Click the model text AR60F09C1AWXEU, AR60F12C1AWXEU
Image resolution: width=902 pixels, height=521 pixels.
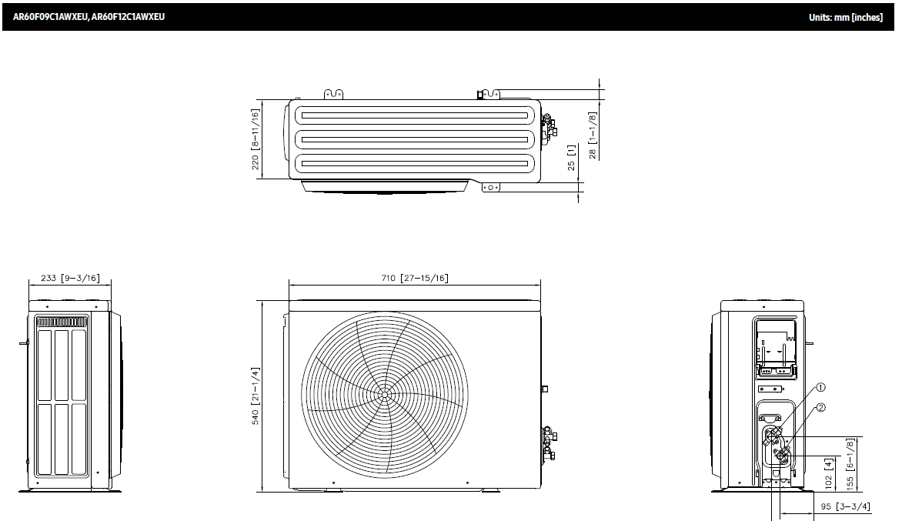89,17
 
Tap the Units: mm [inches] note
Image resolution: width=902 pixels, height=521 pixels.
845,17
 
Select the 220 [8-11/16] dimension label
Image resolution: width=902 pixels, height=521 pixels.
256,139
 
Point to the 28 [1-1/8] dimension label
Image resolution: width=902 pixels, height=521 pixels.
593,135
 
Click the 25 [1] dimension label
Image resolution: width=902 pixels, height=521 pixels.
571,157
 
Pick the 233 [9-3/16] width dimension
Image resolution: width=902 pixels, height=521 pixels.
70,279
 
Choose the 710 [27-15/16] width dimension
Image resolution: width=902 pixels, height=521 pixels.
414,279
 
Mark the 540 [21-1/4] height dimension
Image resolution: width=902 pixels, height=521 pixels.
256,396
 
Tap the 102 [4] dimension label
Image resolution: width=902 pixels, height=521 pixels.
828,473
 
